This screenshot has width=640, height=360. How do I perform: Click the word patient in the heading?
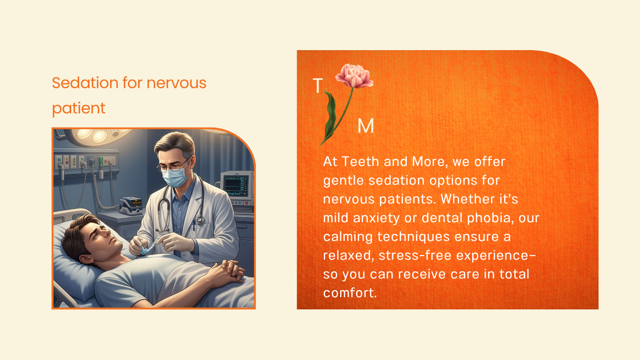click(78, 109)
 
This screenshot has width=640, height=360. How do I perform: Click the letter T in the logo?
click(318, 86)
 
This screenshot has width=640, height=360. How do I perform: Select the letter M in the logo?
click(365, 126)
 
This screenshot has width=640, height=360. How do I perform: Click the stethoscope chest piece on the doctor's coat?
click(200, 219)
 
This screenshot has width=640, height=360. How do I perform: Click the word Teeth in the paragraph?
click(360, 162)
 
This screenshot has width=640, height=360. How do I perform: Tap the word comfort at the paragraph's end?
click(350, 293)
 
